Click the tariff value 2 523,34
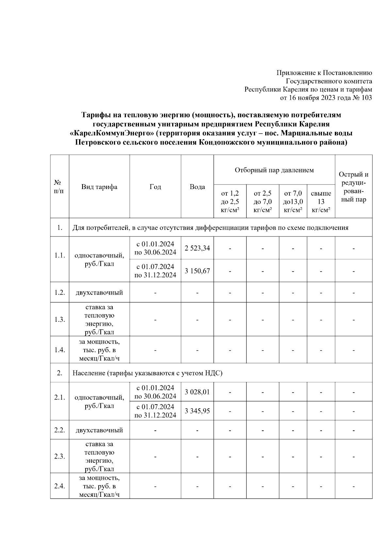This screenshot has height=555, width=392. click(197, 248)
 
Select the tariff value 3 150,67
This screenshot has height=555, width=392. click(197, 271)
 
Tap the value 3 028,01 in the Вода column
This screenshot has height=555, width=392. click(197, 392)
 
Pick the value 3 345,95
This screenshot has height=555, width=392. click(197, 411)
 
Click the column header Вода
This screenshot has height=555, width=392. click(197, 187)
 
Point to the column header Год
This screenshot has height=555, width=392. click(155, 187)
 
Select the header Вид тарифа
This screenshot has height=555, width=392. click(99, 187)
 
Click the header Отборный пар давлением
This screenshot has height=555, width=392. click(274, 170)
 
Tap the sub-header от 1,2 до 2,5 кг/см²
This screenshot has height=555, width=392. click(230, 202)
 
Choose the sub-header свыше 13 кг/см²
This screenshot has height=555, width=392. click(321, 202)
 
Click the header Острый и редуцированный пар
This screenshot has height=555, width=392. click(353, 187)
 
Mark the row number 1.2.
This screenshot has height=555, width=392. click(59, 292)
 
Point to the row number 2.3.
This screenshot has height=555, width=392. click(59, 457)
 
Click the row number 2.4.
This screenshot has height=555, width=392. click(59, 486)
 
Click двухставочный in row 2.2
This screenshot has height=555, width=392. click(99, 430)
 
